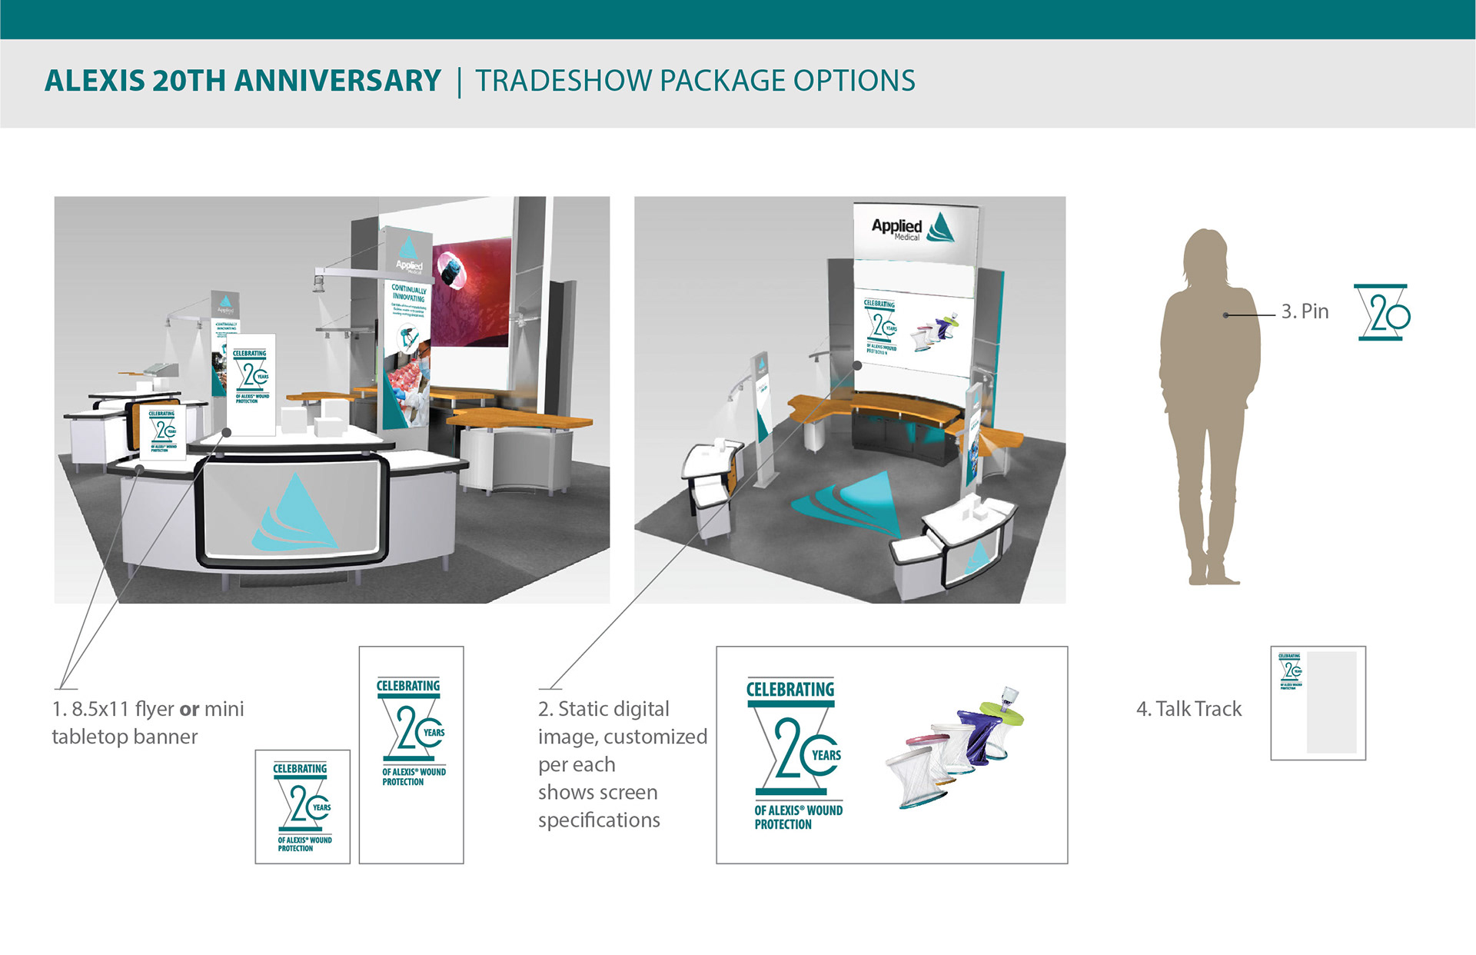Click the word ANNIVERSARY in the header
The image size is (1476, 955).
click(x=337, y=81)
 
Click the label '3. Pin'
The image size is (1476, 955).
click(x=1305, y=311)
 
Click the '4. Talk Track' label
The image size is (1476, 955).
click(x=1188, y=709)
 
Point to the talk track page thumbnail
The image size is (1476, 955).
click(x=1318, y=703)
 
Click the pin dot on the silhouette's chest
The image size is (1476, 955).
click(x=1226, y=315)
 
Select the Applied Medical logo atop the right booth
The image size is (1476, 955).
click(x=913, y=228)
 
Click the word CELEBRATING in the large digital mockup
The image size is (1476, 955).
click(x=790, y=690)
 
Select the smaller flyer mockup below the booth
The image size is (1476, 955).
click(x=302, y=807)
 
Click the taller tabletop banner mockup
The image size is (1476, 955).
click(x=411, y=754)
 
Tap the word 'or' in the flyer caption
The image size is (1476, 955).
click(x=189, y=709)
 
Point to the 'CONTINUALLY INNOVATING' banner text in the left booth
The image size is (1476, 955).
click(x=408, y=294)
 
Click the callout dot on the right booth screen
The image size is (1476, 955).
click(x=857, y=366)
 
